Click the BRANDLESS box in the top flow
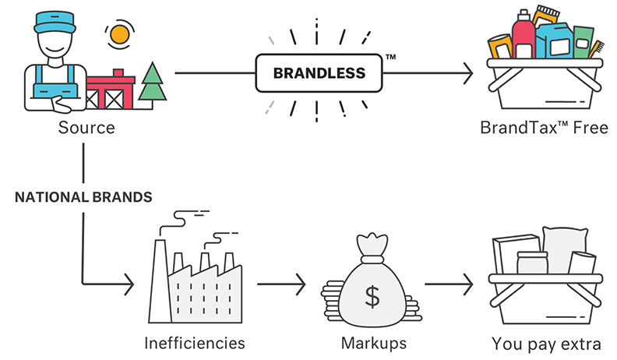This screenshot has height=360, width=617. [319, 75]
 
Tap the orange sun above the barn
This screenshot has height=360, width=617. [118, 34]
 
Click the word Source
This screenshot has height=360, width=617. [86, 127]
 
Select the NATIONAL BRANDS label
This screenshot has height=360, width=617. [83, 197]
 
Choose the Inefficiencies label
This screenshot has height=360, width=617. [195, 342]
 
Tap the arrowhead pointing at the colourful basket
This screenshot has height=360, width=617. [467, 75]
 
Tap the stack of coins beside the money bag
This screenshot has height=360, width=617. [334, 300]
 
